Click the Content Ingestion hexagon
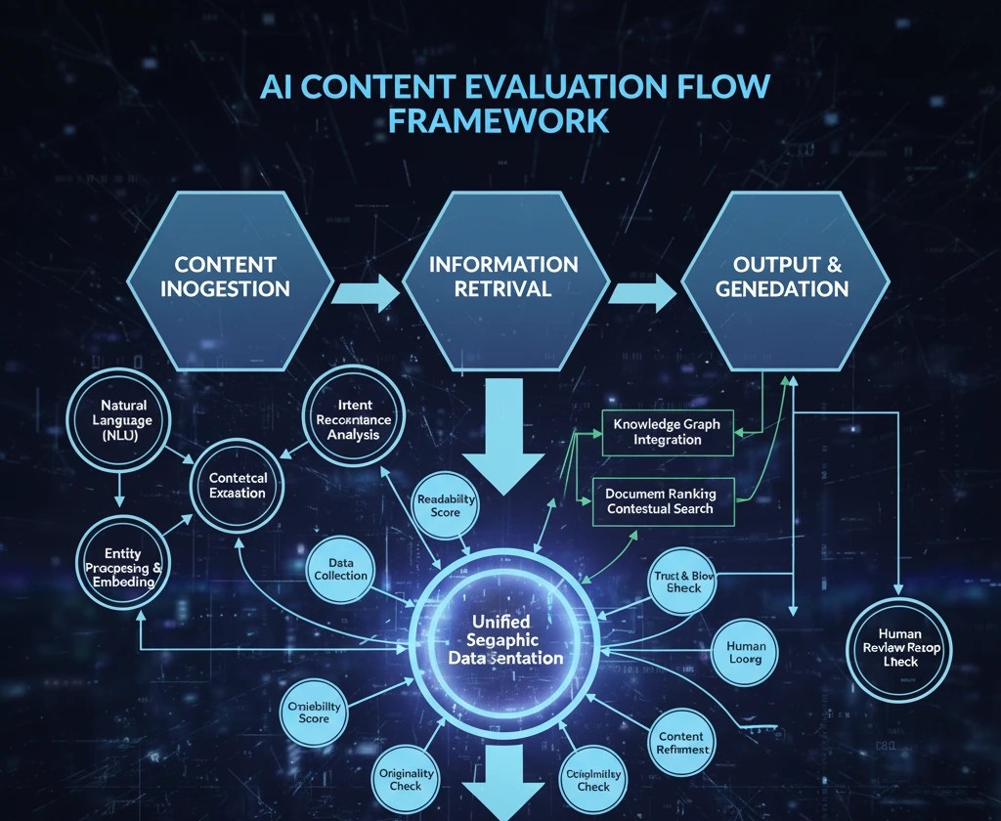[232, 277]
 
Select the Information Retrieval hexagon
[504, 277]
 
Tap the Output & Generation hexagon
[782, 277]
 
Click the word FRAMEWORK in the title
[499, 121]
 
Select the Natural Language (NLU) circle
[123, 421]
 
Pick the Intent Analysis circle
[354, 420]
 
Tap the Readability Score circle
[446, 505]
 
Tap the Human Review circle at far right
[901, 647]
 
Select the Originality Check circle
[399, 779]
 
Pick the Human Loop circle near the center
[746, 653]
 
